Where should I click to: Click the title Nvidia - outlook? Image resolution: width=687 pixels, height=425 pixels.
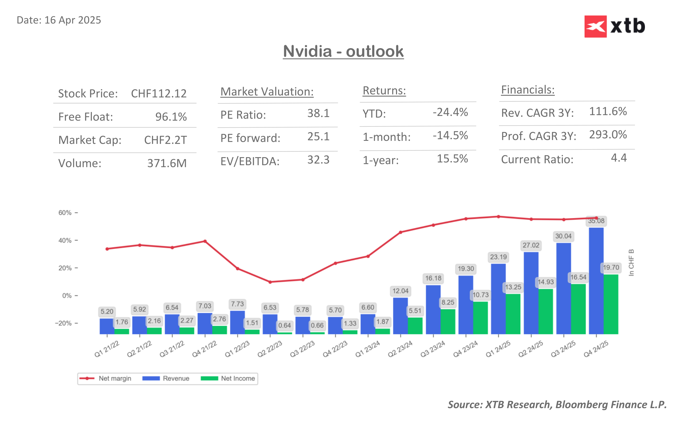coord(343,51)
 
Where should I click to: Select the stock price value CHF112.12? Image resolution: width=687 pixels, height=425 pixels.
coord(159,94)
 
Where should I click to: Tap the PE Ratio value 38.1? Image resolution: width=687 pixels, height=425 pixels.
coord(318,113)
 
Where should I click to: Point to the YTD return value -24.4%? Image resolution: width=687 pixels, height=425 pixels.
coord(450,112)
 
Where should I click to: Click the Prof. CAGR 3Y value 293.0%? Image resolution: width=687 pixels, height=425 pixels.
coord(608,135)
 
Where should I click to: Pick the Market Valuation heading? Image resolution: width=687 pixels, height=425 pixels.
coord(267,92)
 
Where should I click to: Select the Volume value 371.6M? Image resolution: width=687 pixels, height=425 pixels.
coord(167,163)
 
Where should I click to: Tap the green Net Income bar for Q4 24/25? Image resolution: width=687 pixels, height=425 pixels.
coord(611,304)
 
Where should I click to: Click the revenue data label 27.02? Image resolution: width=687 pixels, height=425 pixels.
coord(531,245)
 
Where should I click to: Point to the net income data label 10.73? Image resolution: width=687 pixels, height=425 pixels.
coord(480,295)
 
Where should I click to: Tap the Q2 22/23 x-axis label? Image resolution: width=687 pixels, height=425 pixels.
coord(269,349)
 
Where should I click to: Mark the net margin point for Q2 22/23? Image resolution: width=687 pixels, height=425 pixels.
coord(270,282)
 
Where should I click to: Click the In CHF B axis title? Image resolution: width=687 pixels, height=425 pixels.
coord(631,263)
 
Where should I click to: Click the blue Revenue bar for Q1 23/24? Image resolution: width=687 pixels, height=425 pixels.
coord(367,324)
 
